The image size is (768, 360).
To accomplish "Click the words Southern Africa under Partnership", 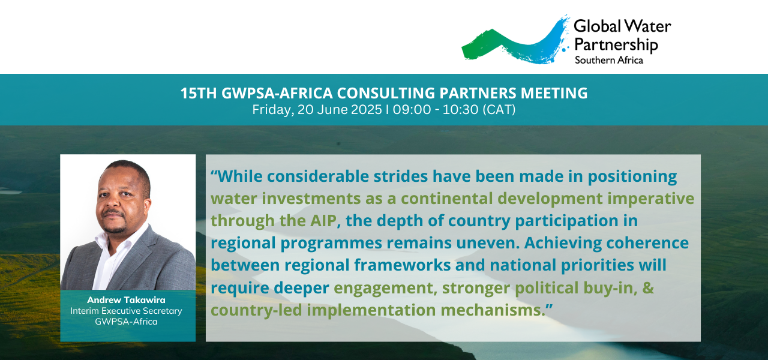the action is (x=609, y=61).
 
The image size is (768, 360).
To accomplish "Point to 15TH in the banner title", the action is (x=198, y=93).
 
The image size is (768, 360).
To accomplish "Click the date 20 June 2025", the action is (x=340, y=110).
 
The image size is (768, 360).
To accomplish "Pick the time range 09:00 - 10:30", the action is (x=436, y=110).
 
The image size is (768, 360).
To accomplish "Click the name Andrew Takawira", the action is (x=126, y=300).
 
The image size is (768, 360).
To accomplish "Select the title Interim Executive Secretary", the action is (x=126, y=311).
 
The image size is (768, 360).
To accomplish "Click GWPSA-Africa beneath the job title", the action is (x=126, y=322).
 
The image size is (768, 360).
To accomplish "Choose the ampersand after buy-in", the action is (x=648, y=287).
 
